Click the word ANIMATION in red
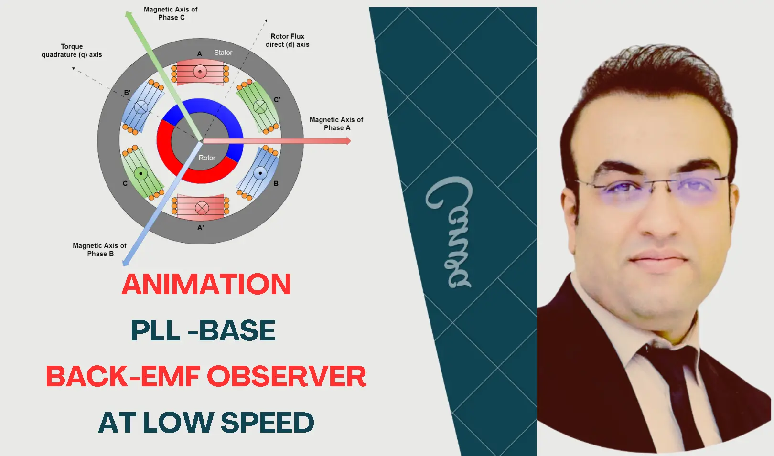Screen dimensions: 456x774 tap(206, 285)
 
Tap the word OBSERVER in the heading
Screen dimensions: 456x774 tap(287, 376)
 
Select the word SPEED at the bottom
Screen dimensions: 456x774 tap(267, 423)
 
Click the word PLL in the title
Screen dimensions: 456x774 tap(155, 330)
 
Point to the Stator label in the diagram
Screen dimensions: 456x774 tap(223, 53)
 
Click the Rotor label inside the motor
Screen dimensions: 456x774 tap(207, 158)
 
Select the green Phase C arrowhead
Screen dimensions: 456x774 tap(129, 15)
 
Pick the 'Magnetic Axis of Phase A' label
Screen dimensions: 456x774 tap(336, 124)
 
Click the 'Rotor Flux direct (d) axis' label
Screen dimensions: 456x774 tap(288, 40)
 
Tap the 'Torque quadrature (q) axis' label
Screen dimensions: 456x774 tap(72, 51)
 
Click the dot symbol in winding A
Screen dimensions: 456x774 tap(200, 72)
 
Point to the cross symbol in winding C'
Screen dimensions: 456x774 tap(260, 106)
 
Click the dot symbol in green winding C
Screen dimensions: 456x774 tap(140, 173)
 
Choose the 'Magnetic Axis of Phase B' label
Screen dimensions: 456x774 tap(100, 250)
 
